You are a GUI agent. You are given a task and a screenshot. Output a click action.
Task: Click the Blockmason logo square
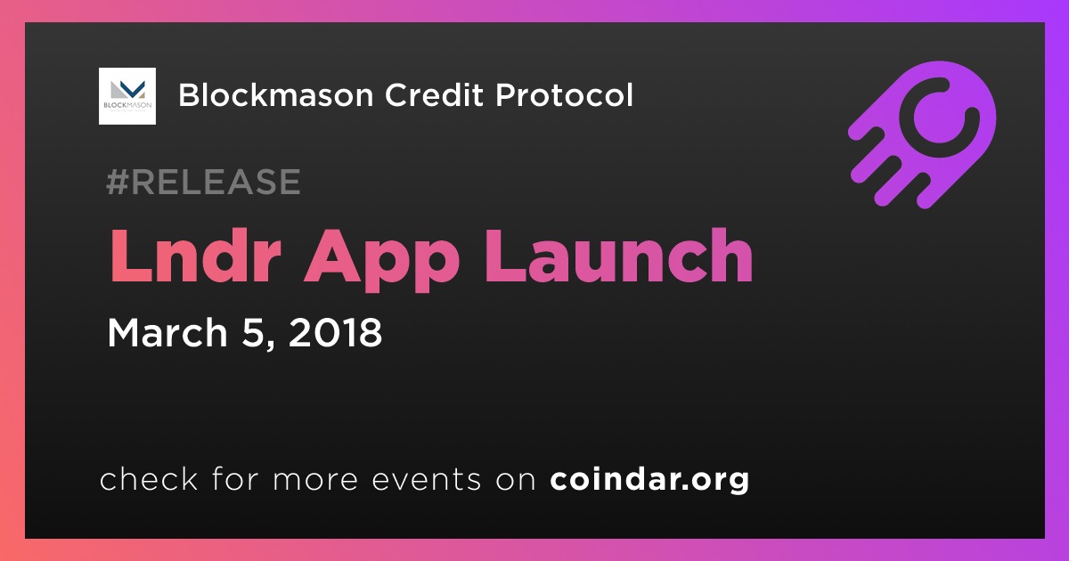coord(126,96)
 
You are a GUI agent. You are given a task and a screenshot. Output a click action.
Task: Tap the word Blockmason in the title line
coord(276,95)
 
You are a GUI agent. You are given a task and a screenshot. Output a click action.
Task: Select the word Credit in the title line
coord(435,95)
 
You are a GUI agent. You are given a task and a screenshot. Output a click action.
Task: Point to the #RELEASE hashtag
coord(203,182)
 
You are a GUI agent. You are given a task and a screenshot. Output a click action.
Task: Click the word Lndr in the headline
coord(195,256)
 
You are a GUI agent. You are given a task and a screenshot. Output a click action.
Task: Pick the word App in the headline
coord(382,260)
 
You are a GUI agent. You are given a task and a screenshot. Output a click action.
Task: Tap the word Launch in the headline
coord(618,256)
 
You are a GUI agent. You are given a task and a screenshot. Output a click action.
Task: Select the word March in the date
coord(167,332)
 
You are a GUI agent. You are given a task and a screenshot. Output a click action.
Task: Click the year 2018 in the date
coord(336,332)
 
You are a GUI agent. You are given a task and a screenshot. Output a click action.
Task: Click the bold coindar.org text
coord(649,479)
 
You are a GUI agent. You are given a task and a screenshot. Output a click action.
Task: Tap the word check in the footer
coord(149,479)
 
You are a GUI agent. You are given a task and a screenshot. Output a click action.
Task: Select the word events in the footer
coord(427,480)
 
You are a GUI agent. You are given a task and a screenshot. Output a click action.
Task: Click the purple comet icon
coord(922,135)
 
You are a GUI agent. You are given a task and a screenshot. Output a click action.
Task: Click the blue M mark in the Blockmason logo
coord(131,88)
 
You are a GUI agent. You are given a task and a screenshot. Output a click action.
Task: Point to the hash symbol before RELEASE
coord(118,182)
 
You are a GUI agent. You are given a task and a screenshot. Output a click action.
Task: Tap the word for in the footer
coord(235,479)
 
